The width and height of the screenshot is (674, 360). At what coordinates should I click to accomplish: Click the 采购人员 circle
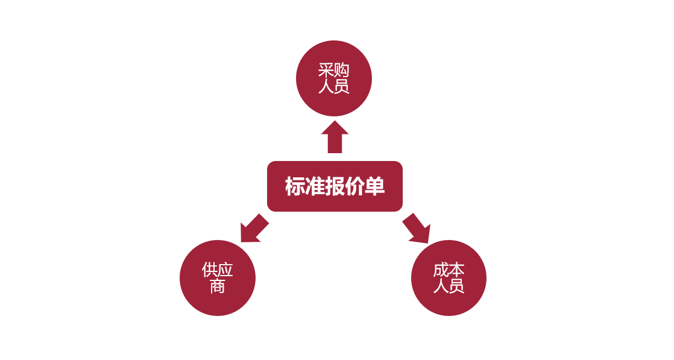pos(333,78)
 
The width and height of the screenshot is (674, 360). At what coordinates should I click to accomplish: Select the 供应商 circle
pos(218,278)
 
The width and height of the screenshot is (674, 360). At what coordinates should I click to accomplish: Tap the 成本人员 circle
pos(449,278)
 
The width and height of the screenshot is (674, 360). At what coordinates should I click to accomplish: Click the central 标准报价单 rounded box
pos(335,186)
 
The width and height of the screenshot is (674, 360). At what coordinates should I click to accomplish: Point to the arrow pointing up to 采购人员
pos(335,137)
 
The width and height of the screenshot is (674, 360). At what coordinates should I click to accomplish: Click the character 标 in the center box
pos(295,186)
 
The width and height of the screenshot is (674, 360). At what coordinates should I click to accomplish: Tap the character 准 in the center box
pos(315,186)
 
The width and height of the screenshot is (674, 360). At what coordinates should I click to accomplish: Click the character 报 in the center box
pos(335,186)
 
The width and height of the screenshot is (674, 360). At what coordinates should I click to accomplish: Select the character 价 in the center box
pos(354,186)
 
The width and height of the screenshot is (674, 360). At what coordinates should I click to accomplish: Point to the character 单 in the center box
pos(374,186)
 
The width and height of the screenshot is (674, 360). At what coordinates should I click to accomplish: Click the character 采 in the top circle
pos(326,71)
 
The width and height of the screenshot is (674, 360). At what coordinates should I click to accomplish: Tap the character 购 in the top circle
pos(342,71)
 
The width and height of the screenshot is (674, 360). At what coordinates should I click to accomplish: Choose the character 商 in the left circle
pos(218,286)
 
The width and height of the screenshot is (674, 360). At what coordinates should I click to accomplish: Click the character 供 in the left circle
pos(210,270)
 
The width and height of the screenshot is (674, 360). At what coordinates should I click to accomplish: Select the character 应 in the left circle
pos(225,270)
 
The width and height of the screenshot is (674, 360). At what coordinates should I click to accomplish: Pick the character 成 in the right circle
pos(441,270)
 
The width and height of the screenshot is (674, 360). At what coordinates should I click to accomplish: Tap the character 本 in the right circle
pos(456,270)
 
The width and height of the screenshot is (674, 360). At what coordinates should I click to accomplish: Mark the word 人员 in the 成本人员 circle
pos(449,286)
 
